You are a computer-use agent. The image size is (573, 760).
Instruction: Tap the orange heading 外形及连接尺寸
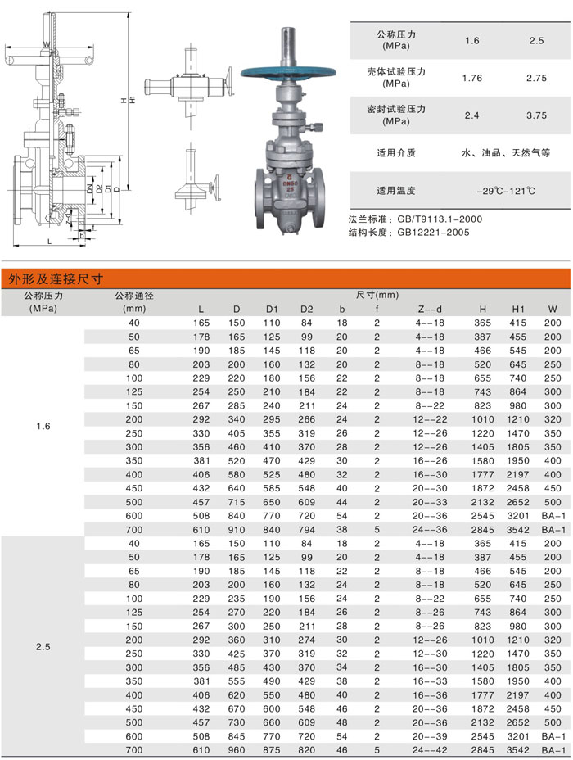pyautogui.click(x=56, y=278)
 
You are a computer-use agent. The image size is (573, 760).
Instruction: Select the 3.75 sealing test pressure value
pyautogui.click(x=536, y=115)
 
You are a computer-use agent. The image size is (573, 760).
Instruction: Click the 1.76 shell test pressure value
pyautogui.click(x=472, y=78)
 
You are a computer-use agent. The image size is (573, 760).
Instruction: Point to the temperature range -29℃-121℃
pyautogui.click(x=506, y=191)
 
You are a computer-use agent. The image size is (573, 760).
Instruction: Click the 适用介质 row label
pyautogui.click(x=396, y=152)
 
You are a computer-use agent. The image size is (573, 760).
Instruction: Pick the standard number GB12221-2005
pyautogui.click(x=434, y=232)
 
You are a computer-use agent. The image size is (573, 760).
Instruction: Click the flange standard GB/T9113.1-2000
pyautogui.click(x=440, y=219)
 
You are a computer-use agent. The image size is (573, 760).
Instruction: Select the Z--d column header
pyautogui.click(x=430, y=310)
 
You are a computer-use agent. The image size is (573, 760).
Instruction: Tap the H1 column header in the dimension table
pyautogui.click(x=518, y=310)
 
